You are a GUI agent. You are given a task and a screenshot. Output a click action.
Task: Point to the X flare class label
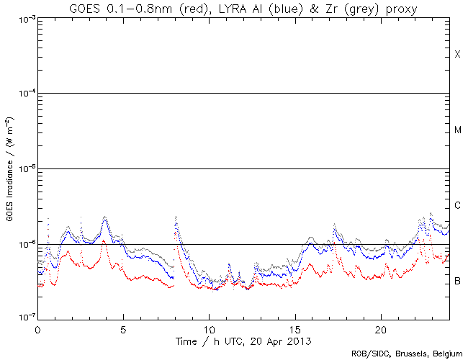pyautogui.click(x=457, y=55)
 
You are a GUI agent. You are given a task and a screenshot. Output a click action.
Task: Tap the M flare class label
pyautogui.click(x=457, y=130)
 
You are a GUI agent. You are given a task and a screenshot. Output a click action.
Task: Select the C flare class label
pyautogui.click(x=457, y=206)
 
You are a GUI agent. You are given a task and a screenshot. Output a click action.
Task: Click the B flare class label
pyautogui.click(x=457, y=280)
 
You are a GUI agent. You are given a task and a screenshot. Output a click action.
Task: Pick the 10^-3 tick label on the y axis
pyautogui.click(x=24, y=19)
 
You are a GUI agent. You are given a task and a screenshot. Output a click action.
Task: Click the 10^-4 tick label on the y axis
pyautogui.click(x=24, y=94)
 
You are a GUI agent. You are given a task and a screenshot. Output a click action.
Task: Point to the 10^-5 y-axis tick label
pyautogui.click(x=24, y=168)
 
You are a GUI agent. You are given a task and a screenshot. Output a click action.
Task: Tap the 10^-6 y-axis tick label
pyautogui.click(x=24, y=244)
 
